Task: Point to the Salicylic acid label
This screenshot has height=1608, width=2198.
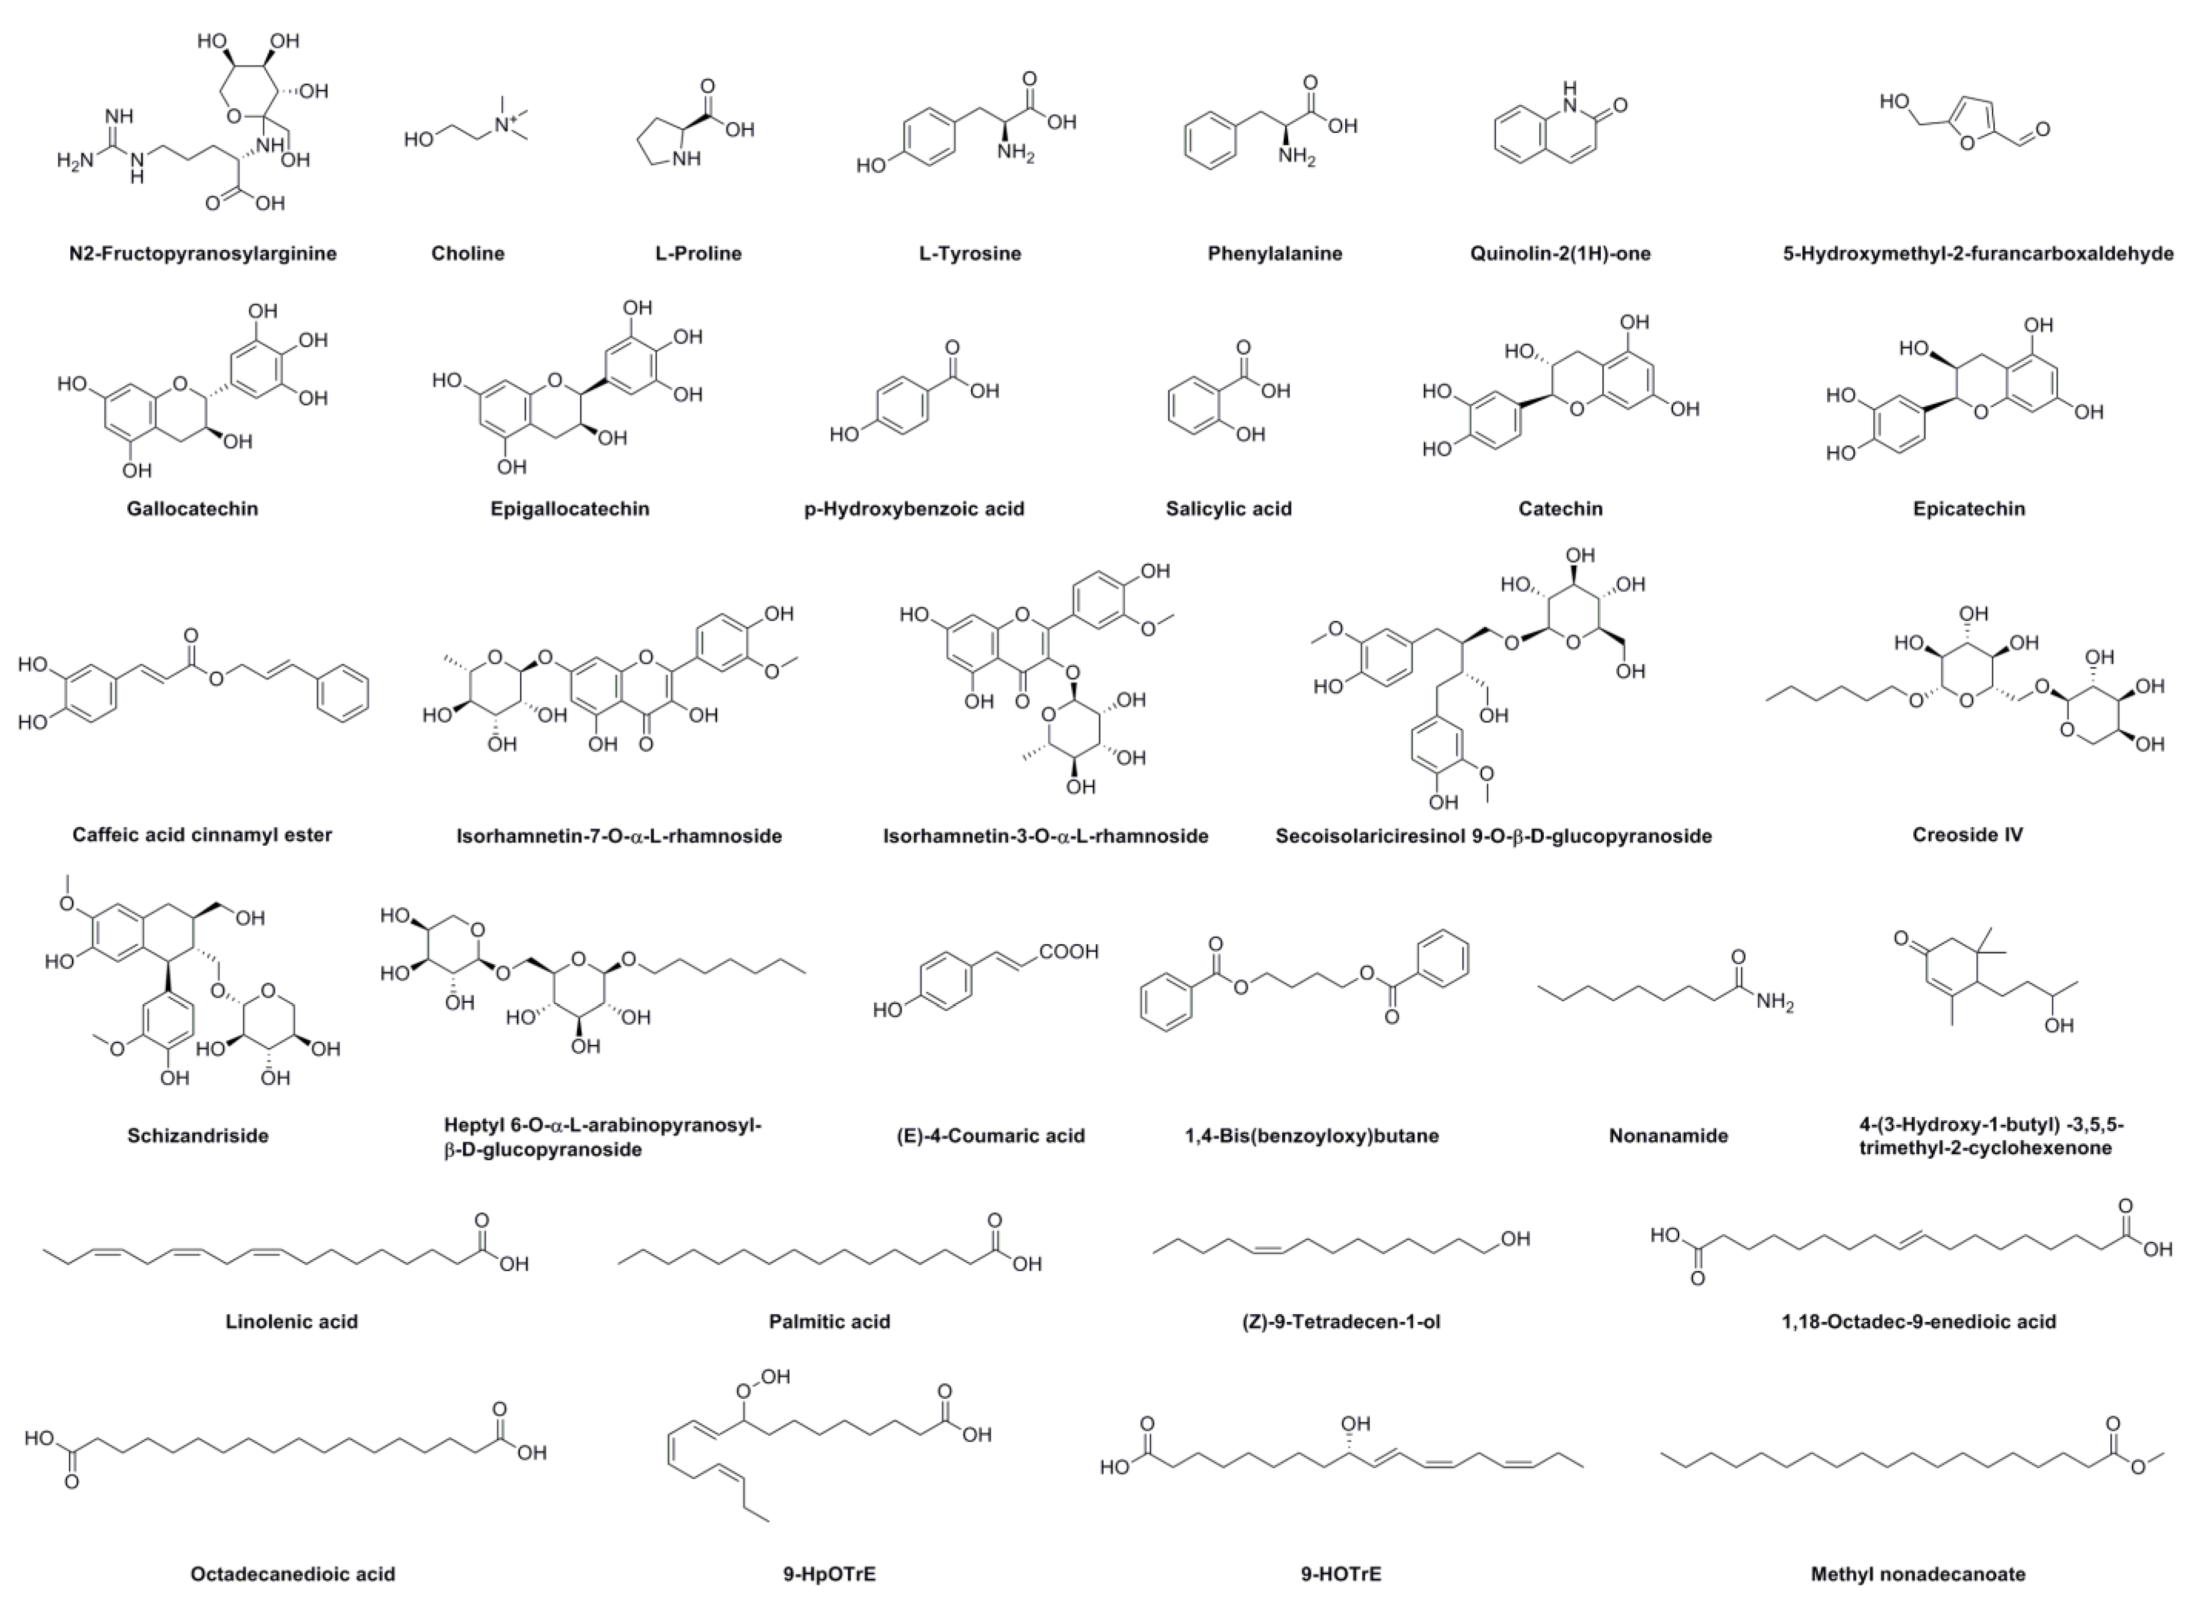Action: click(1228, 508)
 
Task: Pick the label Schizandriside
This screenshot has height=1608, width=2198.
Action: click(198, 1135)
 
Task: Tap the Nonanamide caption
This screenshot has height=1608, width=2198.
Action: click(1669, 1135)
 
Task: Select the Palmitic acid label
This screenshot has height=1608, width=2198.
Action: click(829, 1321)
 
